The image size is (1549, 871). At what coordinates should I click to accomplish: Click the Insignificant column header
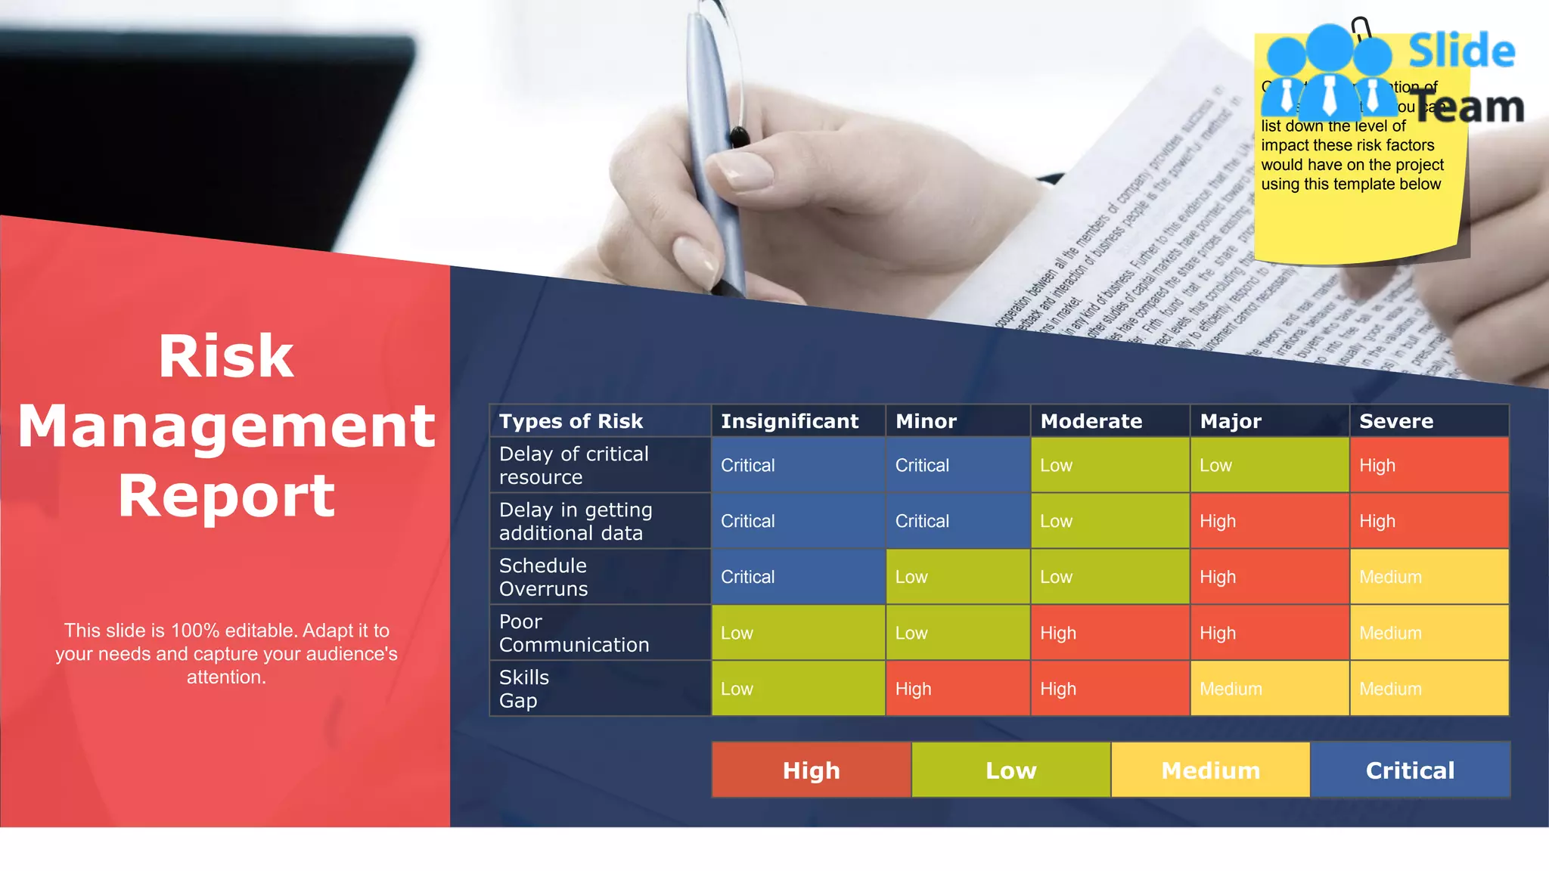point(790,421)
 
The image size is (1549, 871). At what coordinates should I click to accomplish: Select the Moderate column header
point(1091,421)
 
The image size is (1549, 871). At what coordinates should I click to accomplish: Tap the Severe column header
point(1396,421)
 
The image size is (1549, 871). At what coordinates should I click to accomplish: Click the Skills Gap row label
point(524,689)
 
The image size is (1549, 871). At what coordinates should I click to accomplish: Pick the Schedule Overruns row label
point(543,577)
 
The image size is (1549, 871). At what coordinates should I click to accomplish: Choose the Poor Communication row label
point(574,633)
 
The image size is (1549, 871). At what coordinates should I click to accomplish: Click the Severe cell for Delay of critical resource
point(1429,465)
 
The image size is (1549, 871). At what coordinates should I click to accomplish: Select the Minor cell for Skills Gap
point(958,689)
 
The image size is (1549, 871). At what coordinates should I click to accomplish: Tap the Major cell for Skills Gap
point(1269,689)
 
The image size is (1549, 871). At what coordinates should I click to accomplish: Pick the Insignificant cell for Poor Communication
point(798,633)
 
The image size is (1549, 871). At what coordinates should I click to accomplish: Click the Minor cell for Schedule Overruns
point(958,577)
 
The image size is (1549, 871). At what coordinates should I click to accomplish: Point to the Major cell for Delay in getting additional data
point(1269,521)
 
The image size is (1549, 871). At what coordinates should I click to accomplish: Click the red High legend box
point(812,770)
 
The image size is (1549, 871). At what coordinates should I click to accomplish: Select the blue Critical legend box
point(1410,770)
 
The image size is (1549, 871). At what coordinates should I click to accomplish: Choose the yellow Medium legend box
point(1210,770)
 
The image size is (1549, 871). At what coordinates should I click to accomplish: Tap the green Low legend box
point(1011,770)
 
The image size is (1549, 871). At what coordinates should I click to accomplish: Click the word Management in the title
point(226,426)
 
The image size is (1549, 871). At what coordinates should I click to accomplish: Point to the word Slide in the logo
point(1461,51)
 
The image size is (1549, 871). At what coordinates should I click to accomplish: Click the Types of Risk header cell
point(571,421)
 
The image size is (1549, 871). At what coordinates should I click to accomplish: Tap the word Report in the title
point(226,496)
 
